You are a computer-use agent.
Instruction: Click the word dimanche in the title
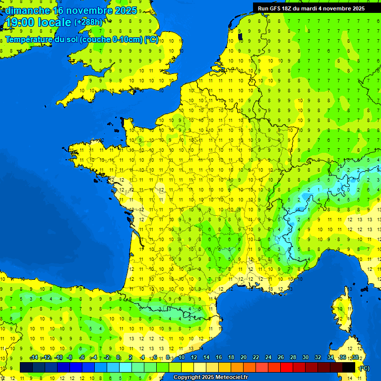coord(27,10)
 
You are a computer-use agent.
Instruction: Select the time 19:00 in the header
coord(19,22)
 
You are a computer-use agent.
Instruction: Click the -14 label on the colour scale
coord(34,357)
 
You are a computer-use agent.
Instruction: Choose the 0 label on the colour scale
coord(118,357)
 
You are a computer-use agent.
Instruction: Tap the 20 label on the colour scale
coord(243,357)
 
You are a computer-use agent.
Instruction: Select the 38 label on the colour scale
coord(355,357)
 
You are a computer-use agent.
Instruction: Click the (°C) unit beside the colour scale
coord(365,368)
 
